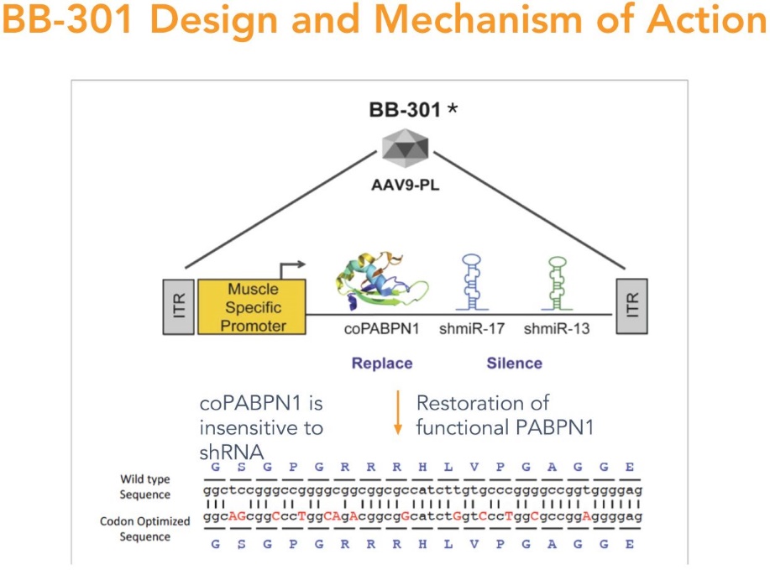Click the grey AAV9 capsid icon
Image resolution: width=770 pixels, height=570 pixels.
[405, 149]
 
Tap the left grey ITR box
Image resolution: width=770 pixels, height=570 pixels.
[178, 307]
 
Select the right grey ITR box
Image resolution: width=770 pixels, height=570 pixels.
[632, 306]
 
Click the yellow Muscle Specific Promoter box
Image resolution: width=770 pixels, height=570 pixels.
[252, 307]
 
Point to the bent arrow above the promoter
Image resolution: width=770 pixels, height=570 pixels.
[290, 268]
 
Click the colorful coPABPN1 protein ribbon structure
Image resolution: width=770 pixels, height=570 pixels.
[381, 282]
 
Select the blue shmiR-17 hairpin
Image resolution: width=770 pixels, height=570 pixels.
[472, 282]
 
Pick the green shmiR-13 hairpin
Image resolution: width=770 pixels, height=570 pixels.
[557, 283]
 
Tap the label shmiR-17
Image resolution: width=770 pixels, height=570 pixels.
[472, 328]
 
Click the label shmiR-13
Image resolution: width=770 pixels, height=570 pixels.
[557, 328]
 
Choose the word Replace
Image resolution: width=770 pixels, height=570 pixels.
[382, 363]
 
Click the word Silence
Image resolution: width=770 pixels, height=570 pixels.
[515, 363]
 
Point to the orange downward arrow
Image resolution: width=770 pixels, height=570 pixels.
[398, 413]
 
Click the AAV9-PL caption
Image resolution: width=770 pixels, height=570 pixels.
[405, 185]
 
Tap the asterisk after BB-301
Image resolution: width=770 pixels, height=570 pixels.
[453, 107]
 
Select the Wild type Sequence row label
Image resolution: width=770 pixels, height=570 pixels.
[145, 487]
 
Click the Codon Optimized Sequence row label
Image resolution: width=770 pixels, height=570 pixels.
[145, 529]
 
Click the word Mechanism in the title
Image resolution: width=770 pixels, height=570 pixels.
[479, 19]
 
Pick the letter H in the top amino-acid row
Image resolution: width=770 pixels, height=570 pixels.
[423, 467]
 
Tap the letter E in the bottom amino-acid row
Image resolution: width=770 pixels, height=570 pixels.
[630, 544]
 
